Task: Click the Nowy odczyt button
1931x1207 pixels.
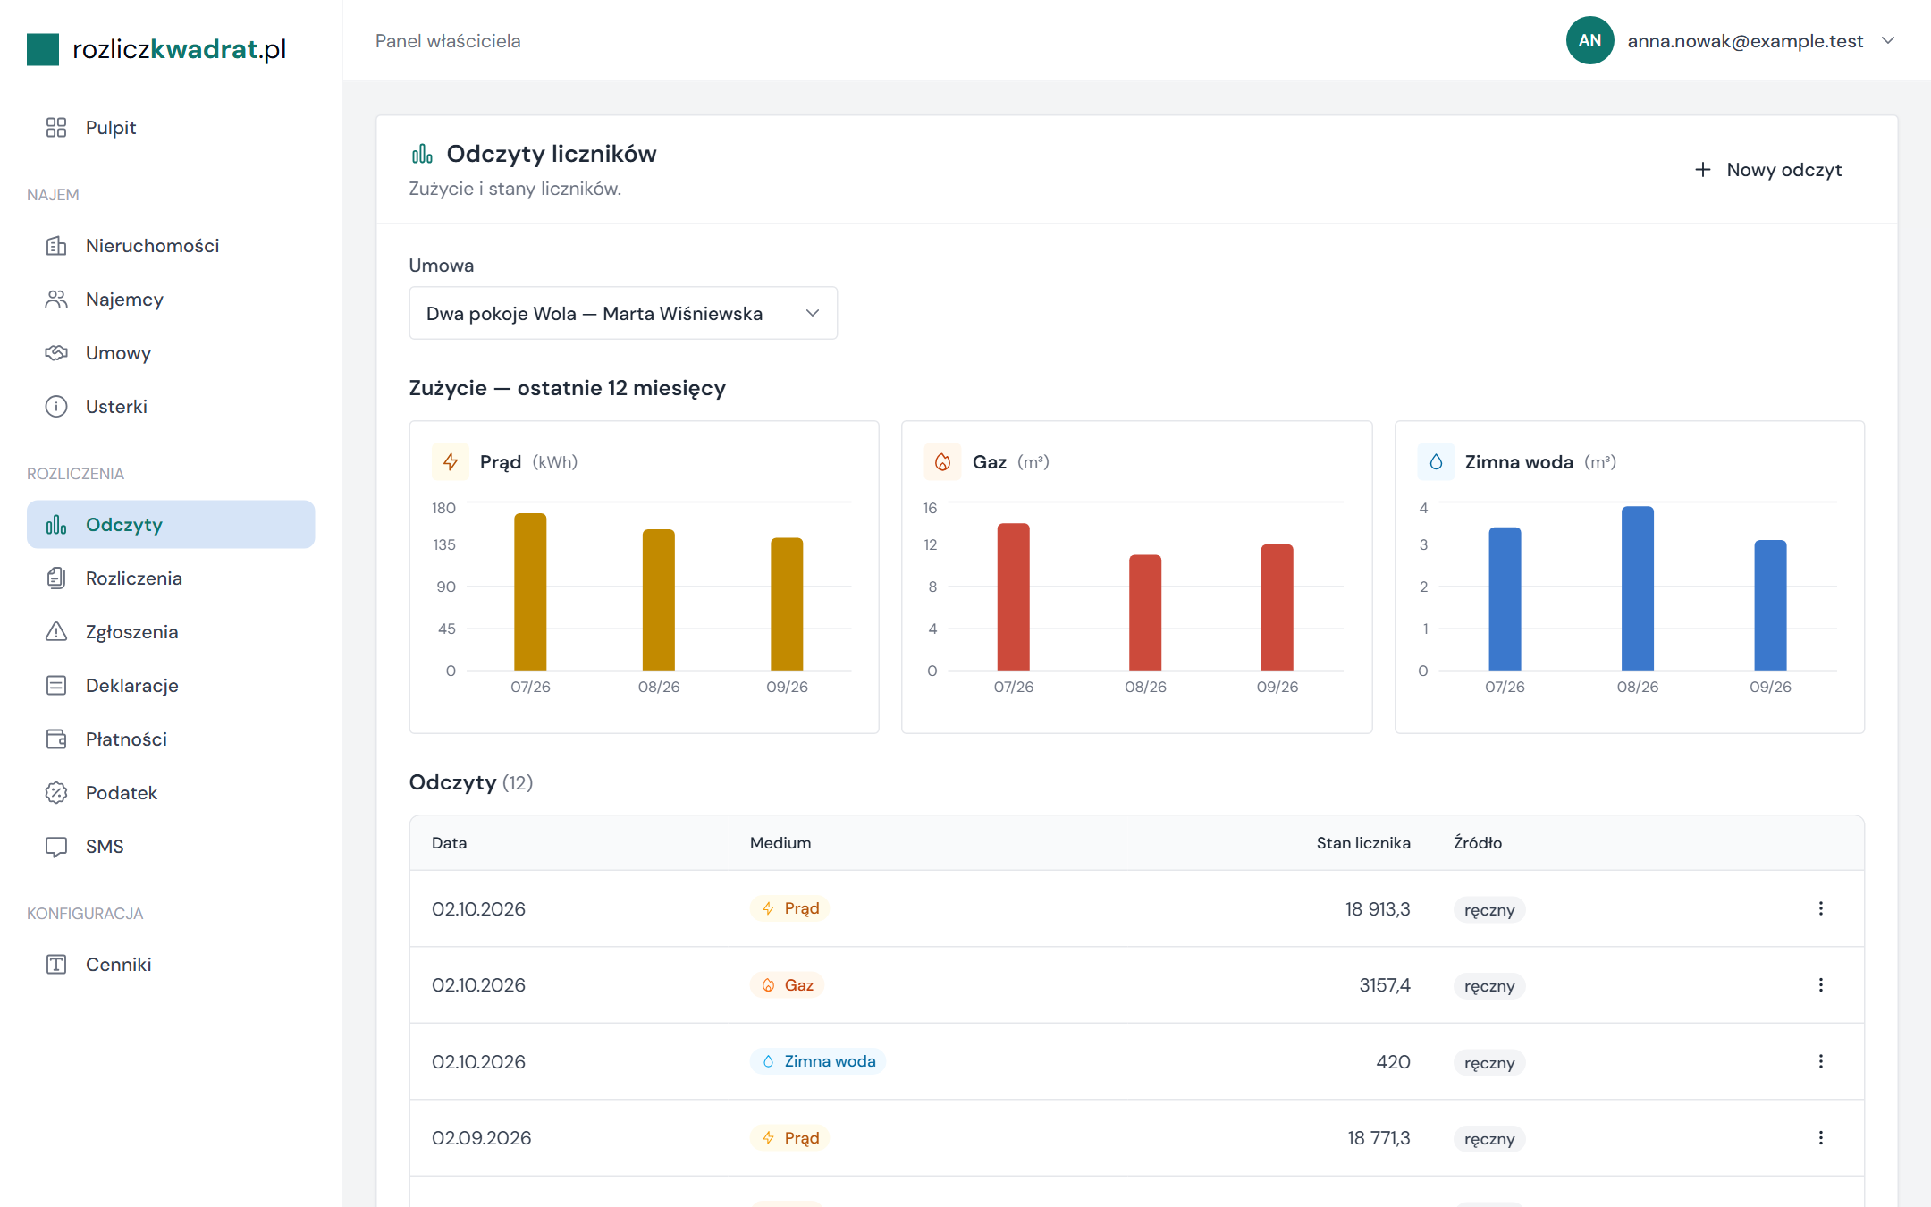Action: point(1768,170)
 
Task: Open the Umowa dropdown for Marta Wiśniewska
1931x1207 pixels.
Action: point(623,313)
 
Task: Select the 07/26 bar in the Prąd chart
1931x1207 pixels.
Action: point(530,592)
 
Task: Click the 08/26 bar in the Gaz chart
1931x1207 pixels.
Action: point(1145,612)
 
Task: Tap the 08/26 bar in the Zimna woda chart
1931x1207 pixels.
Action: point(1638,588)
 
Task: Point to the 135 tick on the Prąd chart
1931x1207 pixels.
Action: point(444,544)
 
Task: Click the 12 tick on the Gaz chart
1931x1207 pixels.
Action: point(931,544)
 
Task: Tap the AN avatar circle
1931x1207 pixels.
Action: point(1589,40)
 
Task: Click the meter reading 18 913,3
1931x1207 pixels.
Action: point(1378,909)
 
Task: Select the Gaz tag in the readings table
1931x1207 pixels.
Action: point(787,985)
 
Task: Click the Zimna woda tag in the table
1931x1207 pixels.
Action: point(818,1061)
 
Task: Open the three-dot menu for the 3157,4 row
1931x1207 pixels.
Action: point(1821,985)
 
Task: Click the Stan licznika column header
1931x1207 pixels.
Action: point(1363,843)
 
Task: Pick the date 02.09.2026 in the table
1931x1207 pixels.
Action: point(482,1138)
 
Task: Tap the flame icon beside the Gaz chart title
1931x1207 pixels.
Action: point(942,462)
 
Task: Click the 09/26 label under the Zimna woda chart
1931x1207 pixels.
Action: point(1770,687)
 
